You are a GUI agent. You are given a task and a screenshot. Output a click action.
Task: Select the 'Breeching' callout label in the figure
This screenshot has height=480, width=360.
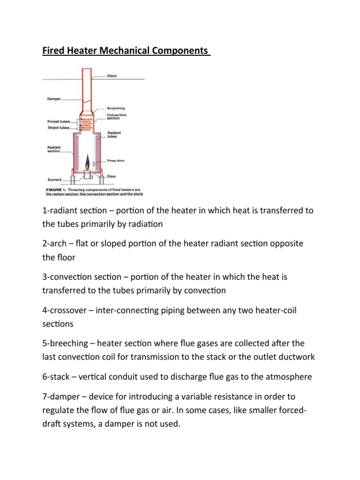click(116, 108)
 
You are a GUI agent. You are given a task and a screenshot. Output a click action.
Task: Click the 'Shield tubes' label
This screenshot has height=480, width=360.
click(57, 127)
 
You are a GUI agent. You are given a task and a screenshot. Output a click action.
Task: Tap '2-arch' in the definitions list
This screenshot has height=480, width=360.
click(52, 244)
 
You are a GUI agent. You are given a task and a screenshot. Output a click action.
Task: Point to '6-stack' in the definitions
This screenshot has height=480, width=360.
click(54, 377)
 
